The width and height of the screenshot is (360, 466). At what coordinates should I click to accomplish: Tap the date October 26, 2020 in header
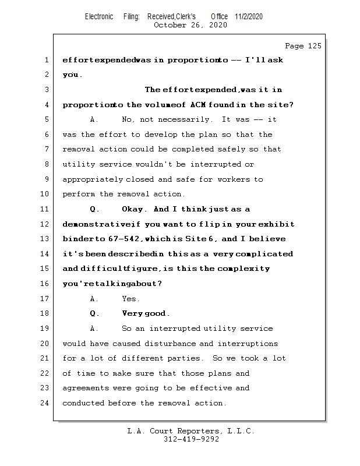click(x=190, y=25)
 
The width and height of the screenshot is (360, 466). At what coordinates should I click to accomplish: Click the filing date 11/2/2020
click(x=249, y=16)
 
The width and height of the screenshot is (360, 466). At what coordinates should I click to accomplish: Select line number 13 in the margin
click(x=45, y=239)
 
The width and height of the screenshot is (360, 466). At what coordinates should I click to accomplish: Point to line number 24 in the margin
click(x=45, y=403)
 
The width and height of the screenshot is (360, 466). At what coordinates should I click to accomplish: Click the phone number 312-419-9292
click(x=191, y=439)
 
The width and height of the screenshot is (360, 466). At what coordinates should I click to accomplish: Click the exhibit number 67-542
click(x=118, y=239)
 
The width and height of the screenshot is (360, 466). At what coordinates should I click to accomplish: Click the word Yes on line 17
click(x=130, y=299)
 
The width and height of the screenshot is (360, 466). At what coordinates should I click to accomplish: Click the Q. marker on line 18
click(x=95, y=313)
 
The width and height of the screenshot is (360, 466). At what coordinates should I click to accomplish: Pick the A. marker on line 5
click(x=94, y=119)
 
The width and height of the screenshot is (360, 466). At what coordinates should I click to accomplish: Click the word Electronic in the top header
click(x=99, y=16)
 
